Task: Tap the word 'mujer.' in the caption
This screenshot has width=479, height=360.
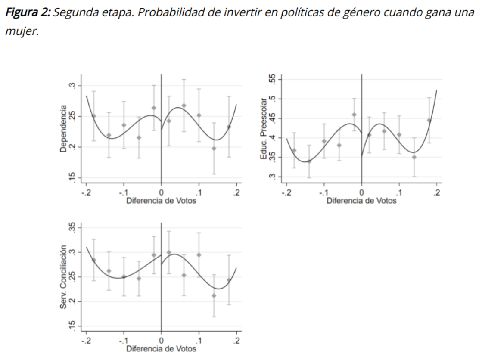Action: click(x=21, y=31)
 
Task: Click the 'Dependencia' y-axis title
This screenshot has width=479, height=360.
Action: click(x=63, y=128)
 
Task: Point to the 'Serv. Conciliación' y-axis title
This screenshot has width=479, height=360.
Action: click(x=63, y=276)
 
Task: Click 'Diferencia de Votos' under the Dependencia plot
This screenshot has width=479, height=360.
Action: click(x=161, y=201)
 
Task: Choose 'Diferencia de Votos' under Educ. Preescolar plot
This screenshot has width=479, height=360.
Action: click(x=361, y=201)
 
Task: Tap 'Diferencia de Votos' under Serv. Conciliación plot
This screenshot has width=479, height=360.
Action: click(x=161, y=349)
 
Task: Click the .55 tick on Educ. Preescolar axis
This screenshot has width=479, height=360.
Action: click(x=271, y=79)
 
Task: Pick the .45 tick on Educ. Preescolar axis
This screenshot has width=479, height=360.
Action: click(x=271, y=118)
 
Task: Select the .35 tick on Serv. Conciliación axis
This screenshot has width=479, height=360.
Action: click(x=72, y=228)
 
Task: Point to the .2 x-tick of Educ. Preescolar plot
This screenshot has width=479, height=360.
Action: click(x=437, y=192)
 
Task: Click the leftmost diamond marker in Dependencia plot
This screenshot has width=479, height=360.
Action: click(x=94, y=116)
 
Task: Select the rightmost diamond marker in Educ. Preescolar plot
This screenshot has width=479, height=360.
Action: click(x=429, y=120)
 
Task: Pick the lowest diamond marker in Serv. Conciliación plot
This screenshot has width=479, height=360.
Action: click(x=214, y=295)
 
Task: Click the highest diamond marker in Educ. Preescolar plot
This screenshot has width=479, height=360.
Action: click(x=354, y=115)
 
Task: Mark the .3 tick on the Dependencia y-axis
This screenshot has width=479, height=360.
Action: click(x=72, y=86)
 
